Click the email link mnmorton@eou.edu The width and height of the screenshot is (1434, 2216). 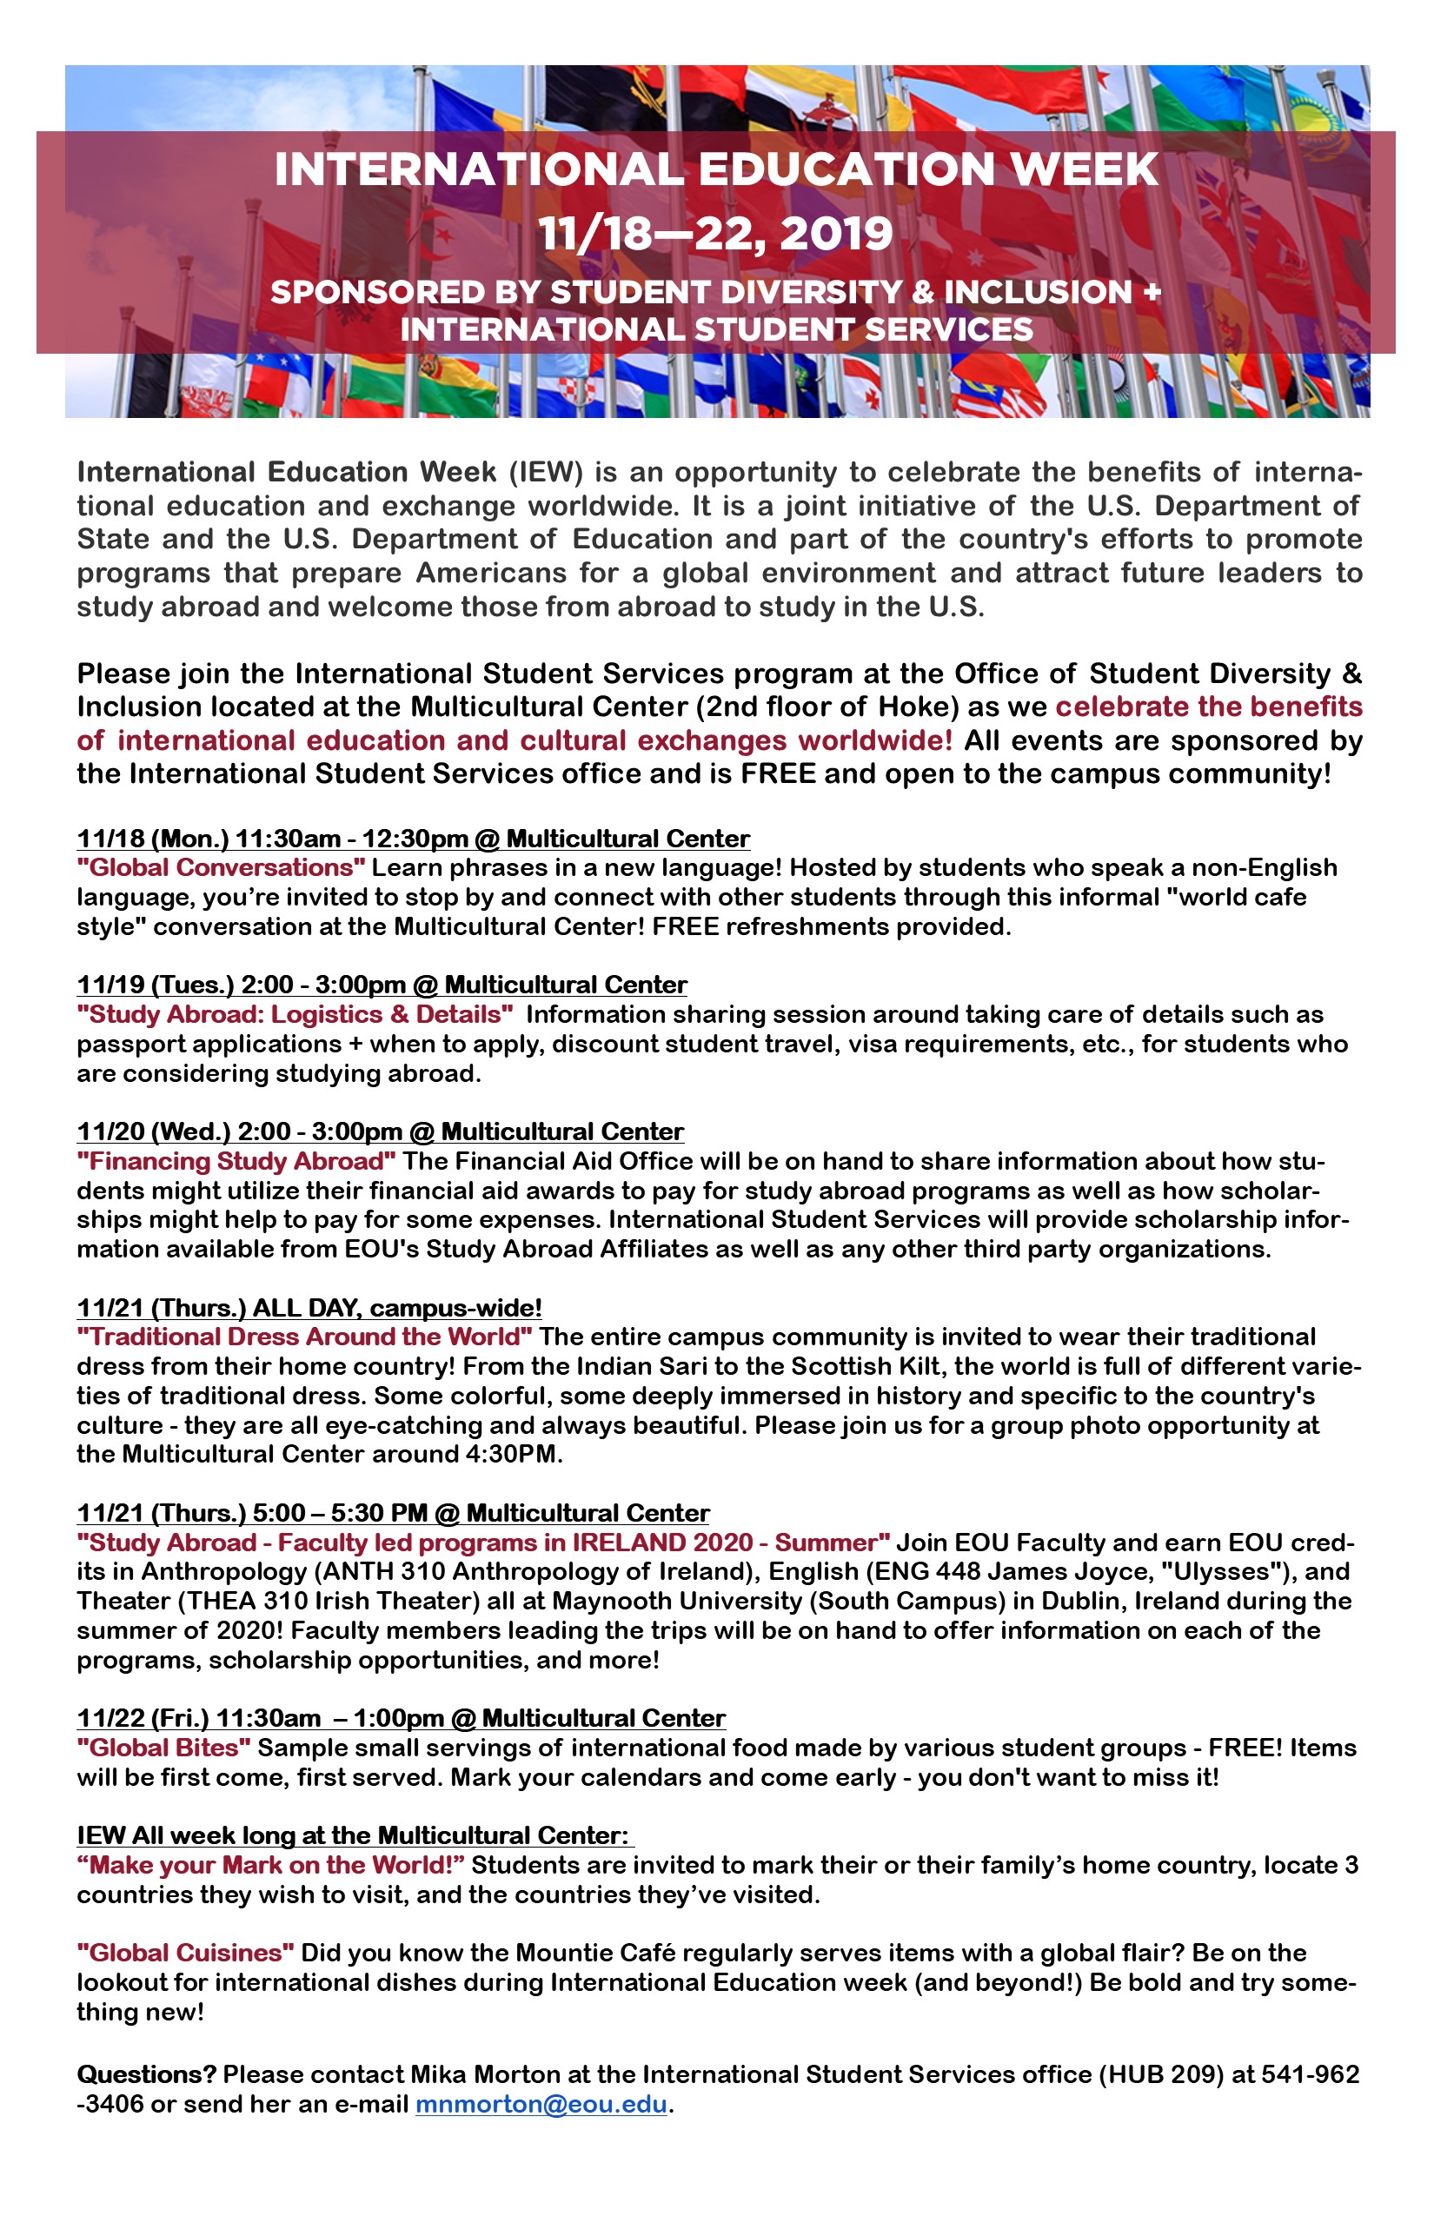click(540, 2103)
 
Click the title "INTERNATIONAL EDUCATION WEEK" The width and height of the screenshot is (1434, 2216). click(716, 169)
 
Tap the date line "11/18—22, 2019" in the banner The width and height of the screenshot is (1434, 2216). click(716, 233)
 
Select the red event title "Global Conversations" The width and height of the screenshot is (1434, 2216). click(222, 868)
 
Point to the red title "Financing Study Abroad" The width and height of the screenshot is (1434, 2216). click(236, 1161)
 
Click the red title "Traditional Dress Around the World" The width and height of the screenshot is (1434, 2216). click(304, 1337)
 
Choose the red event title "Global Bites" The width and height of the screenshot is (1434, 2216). click(164, 1748)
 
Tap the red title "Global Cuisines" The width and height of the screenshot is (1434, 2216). click(185, 1953)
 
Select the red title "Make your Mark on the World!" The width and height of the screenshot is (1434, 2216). click(270, 1865)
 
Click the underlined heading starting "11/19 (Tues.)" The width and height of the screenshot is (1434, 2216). click(382, 985)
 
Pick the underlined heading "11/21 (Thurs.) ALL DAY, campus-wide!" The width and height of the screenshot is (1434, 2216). click(309, 1307)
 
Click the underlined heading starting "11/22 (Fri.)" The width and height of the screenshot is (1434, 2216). click(401, 1718)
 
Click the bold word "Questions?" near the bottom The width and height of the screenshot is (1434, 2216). click(146, 2074)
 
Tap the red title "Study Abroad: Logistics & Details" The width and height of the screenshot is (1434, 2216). click(295, 1014)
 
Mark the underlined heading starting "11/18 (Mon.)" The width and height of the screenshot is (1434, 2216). click(413, 839)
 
